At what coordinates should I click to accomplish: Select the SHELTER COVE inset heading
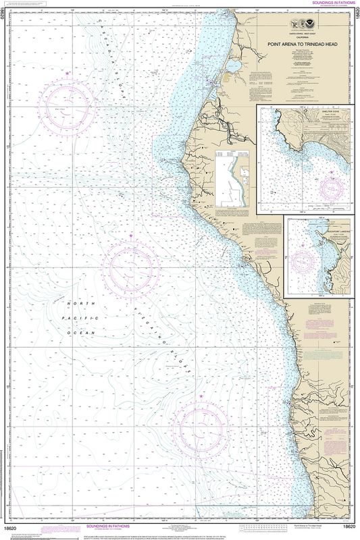(x=307, y=111)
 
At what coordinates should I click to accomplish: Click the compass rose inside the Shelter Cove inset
(x=331, y=188)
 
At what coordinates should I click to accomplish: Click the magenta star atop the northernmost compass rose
(x=67, y=72)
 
